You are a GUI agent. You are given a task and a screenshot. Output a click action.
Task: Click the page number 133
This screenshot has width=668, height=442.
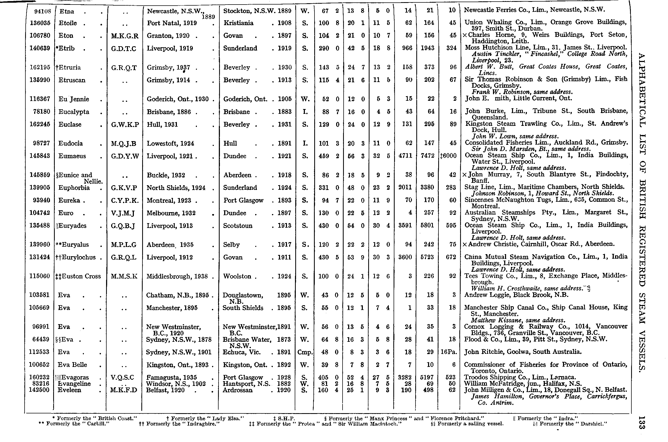click(642, 422)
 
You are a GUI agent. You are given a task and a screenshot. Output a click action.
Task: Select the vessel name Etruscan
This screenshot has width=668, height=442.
click(72, 80)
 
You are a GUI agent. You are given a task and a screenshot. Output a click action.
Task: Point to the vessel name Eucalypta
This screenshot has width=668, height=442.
click(74, 112)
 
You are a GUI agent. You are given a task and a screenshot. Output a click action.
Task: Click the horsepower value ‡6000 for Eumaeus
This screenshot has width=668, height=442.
click(448, 156)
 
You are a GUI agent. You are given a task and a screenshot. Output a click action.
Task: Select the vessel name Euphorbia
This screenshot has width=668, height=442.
click(74, 188)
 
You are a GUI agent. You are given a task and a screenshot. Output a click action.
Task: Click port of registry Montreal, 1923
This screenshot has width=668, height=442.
click(169, 200)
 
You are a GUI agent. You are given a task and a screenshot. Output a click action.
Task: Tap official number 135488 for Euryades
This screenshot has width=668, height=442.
click(40, 226)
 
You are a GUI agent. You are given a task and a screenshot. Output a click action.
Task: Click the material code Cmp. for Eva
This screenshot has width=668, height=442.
click(305, 352)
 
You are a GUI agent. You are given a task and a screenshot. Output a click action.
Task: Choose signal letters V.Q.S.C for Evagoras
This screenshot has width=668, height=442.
click(122, 377)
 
